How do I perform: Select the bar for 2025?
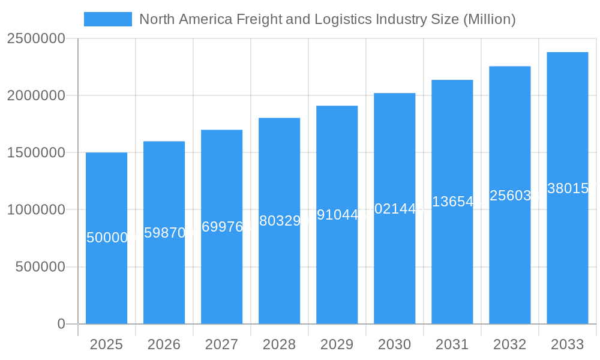click(106, 276)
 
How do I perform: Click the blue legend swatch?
click(108, 19)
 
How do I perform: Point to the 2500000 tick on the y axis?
click(36, 38)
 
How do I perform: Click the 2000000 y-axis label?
click(36, 95)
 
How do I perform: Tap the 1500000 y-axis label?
click(36, 152)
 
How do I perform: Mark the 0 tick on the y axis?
click(61, 324)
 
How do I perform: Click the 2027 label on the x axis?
click(221, 344)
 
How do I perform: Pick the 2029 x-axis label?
click(337, 344)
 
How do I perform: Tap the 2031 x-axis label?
click(452, 344)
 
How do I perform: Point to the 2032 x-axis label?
click(509, 344)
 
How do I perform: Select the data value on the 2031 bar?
click(452, 202)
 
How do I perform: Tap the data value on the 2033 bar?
click(568, 188)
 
